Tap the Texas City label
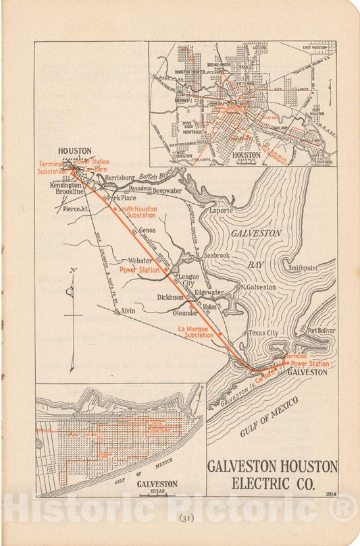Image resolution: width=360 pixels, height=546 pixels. (x=263, y=333)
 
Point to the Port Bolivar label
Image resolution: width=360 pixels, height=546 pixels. (x=321, y=331)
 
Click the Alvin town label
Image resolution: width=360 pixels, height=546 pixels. (x=128, y=310)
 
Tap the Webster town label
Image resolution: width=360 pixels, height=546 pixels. (x=140, y=260)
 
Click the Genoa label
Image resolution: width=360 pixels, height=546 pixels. (x=147, y=230)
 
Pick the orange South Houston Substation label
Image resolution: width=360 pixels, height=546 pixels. (x=138, y=213)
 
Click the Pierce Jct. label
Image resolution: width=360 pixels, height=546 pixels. (x=76, y=210)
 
